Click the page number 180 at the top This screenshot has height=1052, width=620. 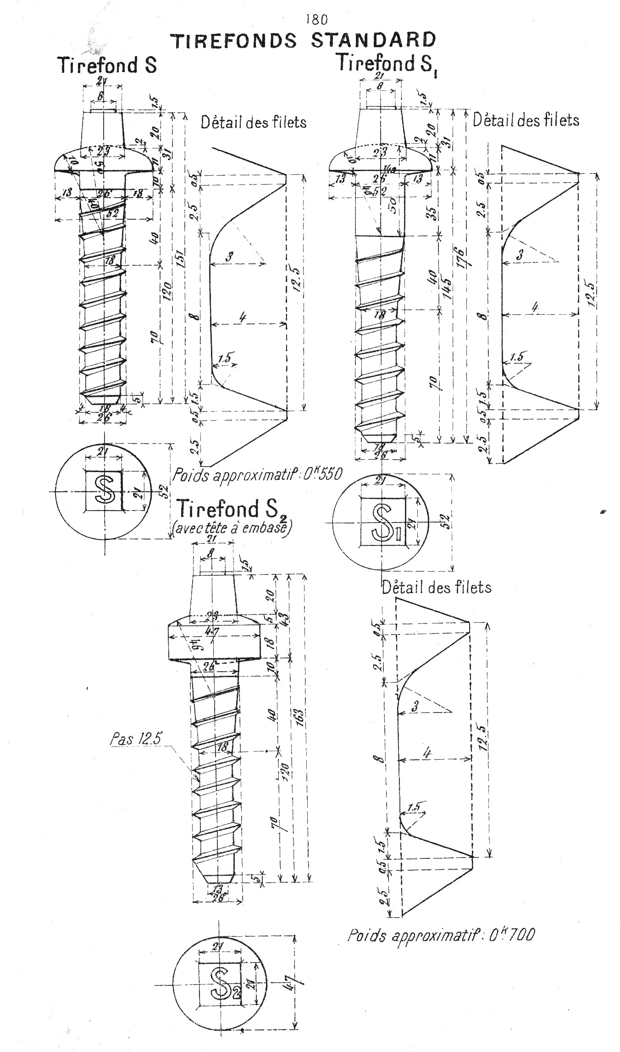316,19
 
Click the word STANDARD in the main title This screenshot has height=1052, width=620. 373,40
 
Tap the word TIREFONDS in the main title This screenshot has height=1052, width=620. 234,41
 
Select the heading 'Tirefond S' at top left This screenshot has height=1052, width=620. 107,65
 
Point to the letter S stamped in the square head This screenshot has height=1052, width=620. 105,490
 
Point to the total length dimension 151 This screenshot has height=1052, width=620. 180,260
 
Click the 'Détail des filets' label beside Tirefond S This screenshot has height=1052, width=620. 254,122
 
